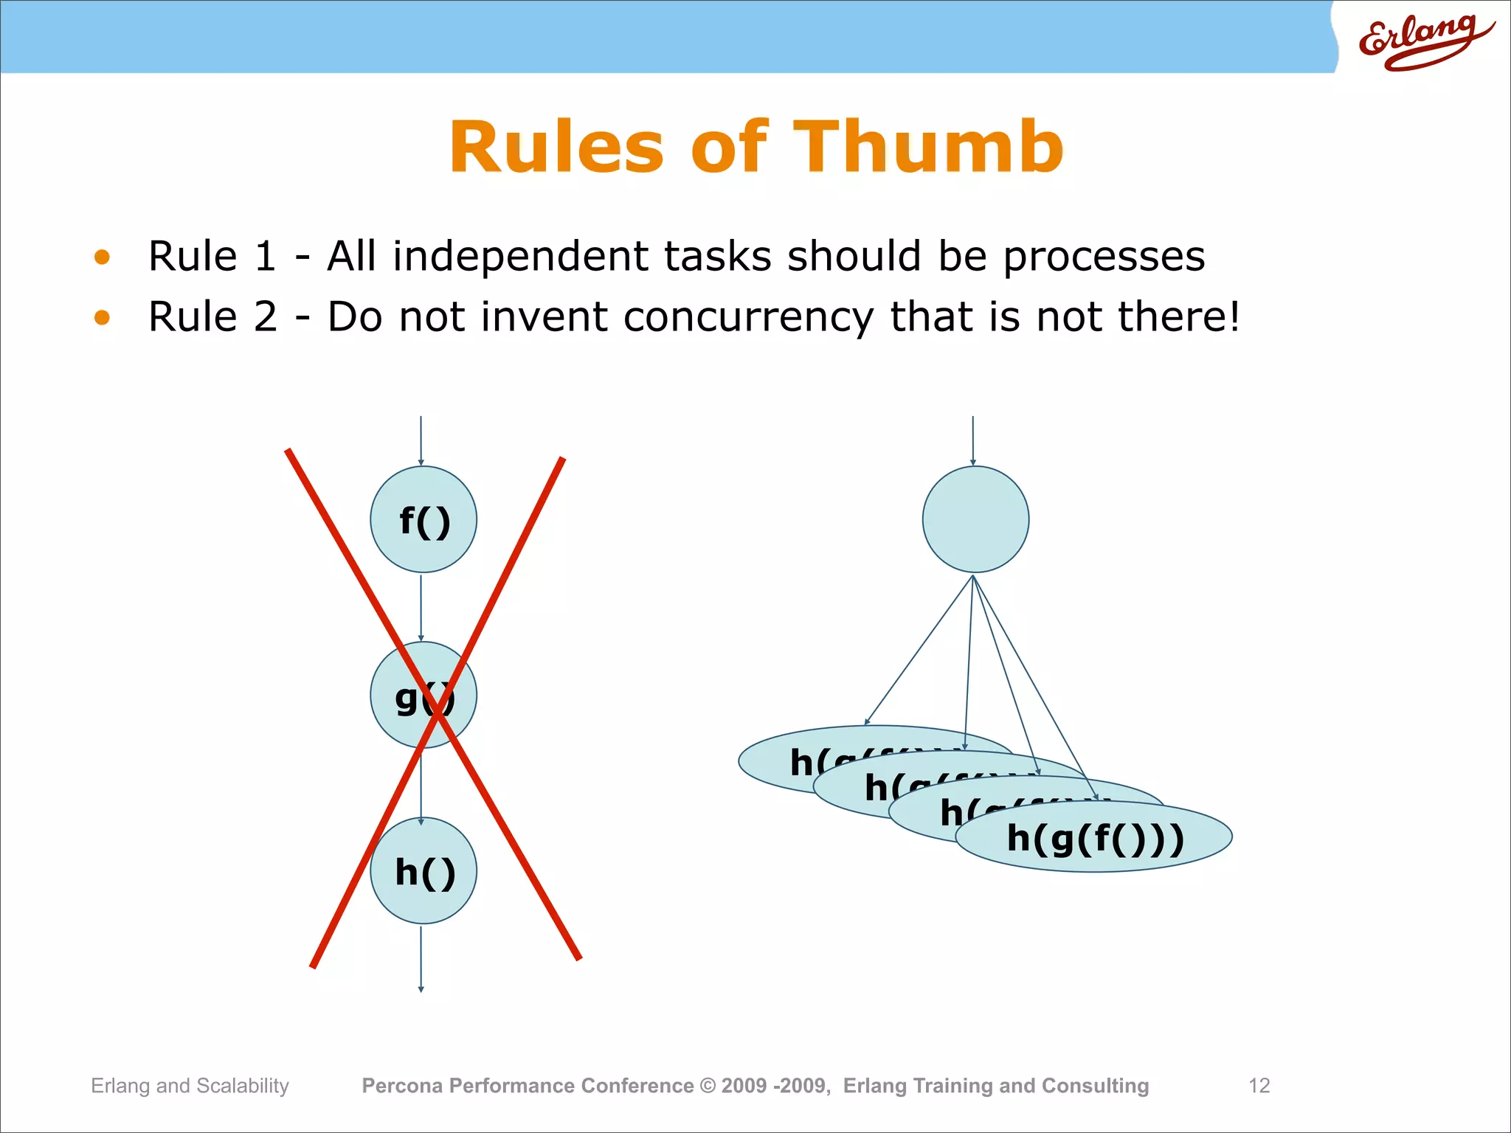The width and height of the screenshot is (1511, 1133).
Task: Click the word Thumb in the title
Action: click(928, 148)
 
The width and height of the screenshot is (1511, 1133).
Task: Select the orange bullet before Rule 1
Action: click(102, 257)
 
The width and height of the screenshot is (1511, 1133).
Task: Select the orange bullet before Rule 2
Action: click(102, 318)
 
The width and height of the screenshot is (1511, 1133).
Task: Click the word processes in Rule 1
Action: click(1104, 257)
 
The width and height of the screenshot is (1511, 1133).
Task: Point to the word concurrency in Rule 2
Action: click(747, 318)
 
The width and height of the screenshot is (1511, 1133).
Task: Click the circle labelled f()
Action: click(423, 519)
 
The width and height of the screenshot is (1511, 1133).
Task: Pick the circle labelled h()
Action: click(423, 871)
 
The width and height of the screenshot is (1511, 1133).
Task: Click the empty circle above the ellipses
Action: click(975, 519)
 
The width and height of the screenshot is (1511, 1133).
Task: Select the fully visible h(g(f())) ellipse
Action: click(1095, 838)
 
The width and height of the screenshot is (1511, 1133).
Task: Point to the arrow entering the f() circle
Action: click(421, 440)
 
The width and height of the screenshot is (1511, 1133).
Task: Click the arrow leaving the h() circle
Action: click(421, 959)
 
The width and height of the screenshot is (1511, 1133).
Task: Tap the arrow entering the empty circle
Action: click(972, 440)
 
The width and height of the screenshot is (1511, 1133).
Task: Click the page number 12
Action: click(1259, 1085)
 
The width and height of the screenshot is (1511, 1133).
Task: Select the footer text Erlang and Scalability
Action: click(190, 1085)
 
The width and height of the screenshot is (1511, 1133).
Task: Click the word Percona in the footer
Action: click(402, 1085)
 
